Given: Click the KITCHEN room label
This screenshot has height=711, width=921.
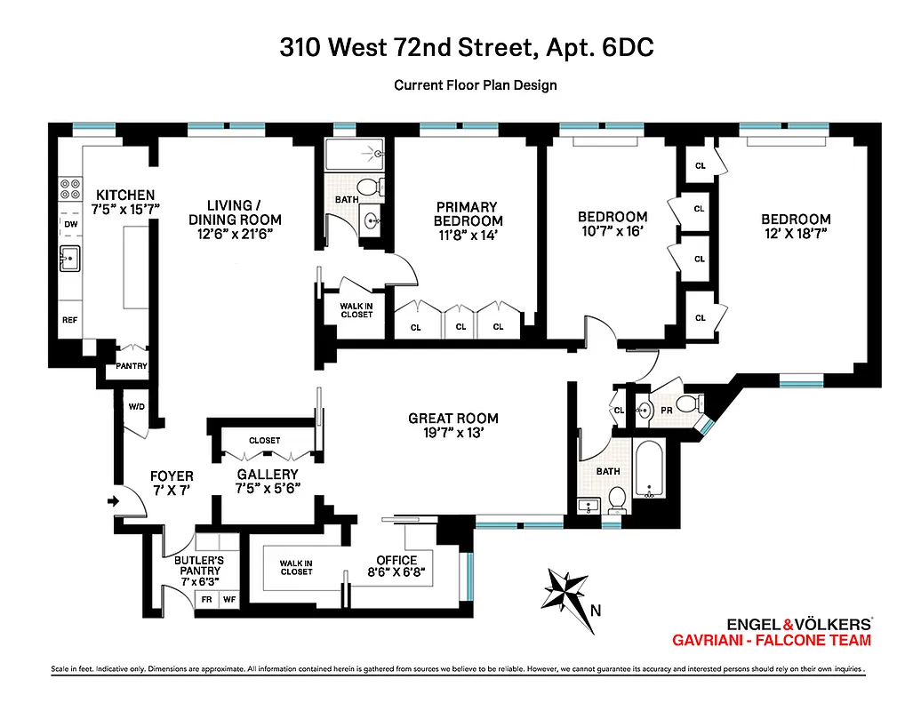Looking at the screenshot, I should (x=125, y=196).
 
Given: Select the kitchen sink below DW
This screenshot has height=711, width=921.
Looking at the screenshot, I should (x=69, y=258).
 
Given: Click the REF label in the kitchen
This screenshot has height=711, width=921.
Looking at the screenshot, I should (x=69, y=320).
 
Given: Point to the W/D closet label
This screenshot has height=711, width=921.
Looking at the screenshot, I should (x=137, y=407).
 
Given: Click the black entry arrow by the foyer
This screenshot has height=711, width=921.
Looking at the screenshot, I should (x=113, y=501).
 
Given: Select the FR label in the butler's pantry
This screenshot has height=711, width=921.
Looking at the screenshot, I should (x=206, y=600).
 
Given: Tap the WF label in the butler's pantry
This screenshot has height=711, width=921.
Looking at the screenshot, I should (x=228, y=600).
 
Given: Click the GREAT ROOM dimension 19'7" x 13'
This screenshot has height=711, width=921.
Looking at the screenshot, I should (x=453, y=435).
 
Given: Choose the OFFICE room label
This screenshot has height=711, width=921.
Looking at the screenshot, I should (x=396, y=560).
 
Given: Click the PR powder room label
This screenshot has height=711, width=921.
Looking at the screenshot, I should (x=667, y=410).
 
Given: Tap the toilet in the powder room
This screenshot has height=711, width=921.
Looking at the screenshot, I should (x=689, y=405).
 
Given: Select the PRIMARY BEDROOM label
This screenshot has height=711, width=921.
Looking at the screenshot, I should (x=468, y=214).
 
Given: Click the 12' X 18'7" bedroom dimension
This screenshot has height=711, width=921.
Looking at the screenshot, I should (x=796, y=234).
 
